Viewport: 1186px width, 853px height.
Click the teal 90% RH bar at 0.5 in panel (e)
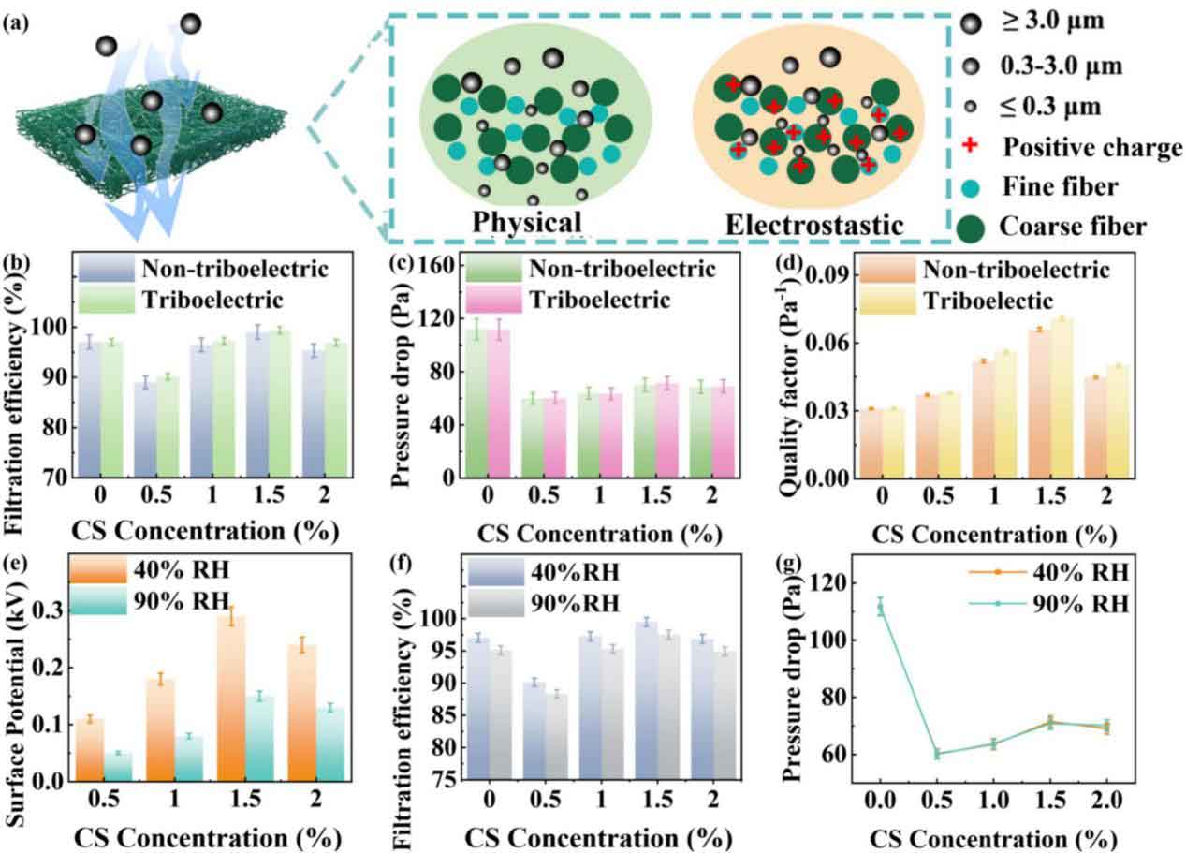point(118,766)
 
